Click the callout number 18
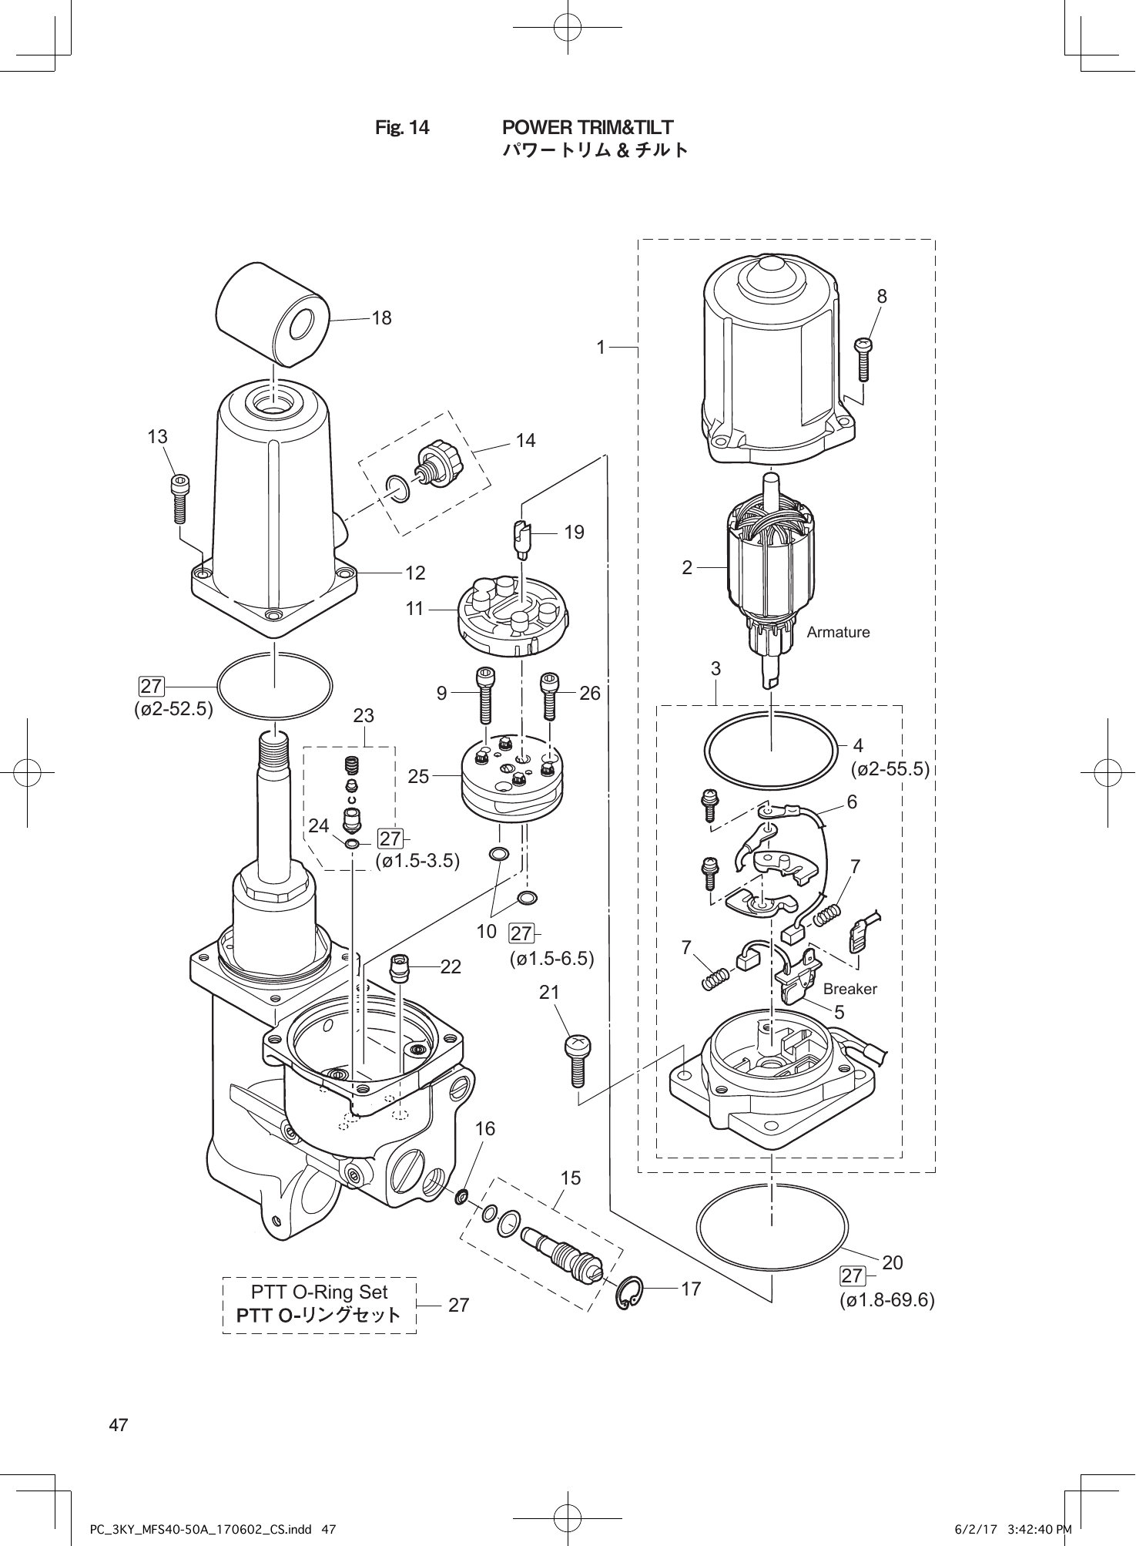(381, 318)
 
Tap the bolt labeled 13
(180, 498)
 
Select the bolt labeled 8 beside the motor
(863, 359)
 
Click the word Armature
(838, 632)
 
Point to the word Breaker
(849, 989)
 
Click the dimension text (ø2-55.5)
(890, 768)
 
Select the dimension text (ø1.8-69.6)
(886, 1300)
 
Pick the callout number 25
(418, 776)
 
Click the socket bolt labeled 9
(485, 694)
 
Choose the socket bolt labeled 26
(550, 694)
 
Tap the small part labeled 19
(521, 536)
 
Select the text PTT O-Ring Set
(319, 1292)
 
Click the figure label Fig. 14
(402, 127)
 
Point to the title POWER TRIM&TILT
(588, 127)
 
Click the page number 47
(119, 1425)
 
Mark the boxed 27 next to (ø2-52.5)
(151, 685)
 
